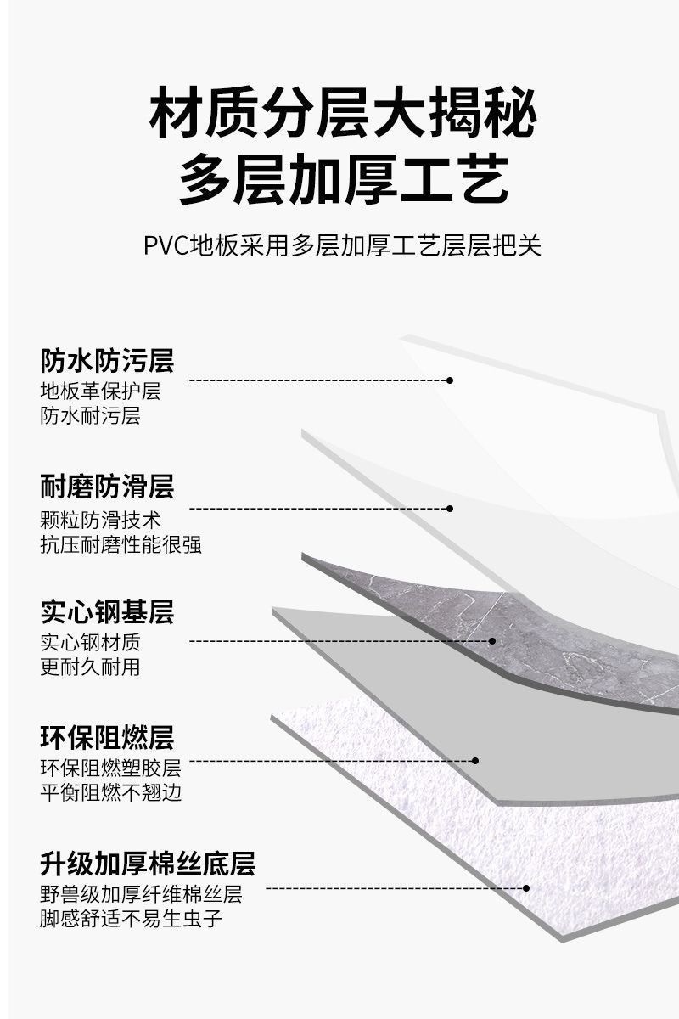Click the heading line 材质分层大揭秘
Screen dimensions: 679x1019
point(343,116)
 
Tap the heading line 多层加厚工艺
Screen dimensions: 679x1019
point(343,181)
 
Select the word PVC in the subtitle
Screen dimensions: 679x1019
point(166,246)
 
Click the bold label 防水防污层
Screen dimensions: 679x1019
point(107,361)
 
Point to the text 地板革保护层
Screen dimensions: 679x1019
point(100,391)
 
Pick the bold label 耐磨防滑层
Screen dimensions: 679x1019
point(107,487)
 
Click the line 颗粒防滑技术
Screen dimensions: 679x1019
point(100,519)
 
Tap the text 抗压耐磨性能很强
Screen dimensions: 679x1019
point(121,544)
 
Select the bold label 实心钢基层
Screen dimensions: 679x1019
point(107,611)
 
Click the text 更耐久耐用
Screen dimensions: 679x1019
point(90,667)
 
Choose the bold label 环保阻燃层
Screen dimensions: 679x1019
point(107,737)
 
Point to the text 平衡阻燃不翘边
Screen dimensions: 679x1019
point(110,793)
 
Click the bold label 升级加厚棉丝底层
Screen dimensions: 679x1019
point(148,864)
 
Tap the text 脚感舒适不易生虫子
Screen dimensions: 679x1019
point(132,919)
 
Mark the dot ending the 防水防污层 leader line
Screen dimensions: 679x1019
point(450,380)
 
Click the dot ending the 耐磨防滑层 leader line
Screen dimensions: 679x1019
point(450,509)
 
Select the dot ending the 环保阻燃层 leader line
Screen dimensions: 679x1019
point(475,761)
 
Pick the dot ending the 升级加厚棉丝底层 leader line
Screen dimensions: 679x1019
point(526,888)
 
